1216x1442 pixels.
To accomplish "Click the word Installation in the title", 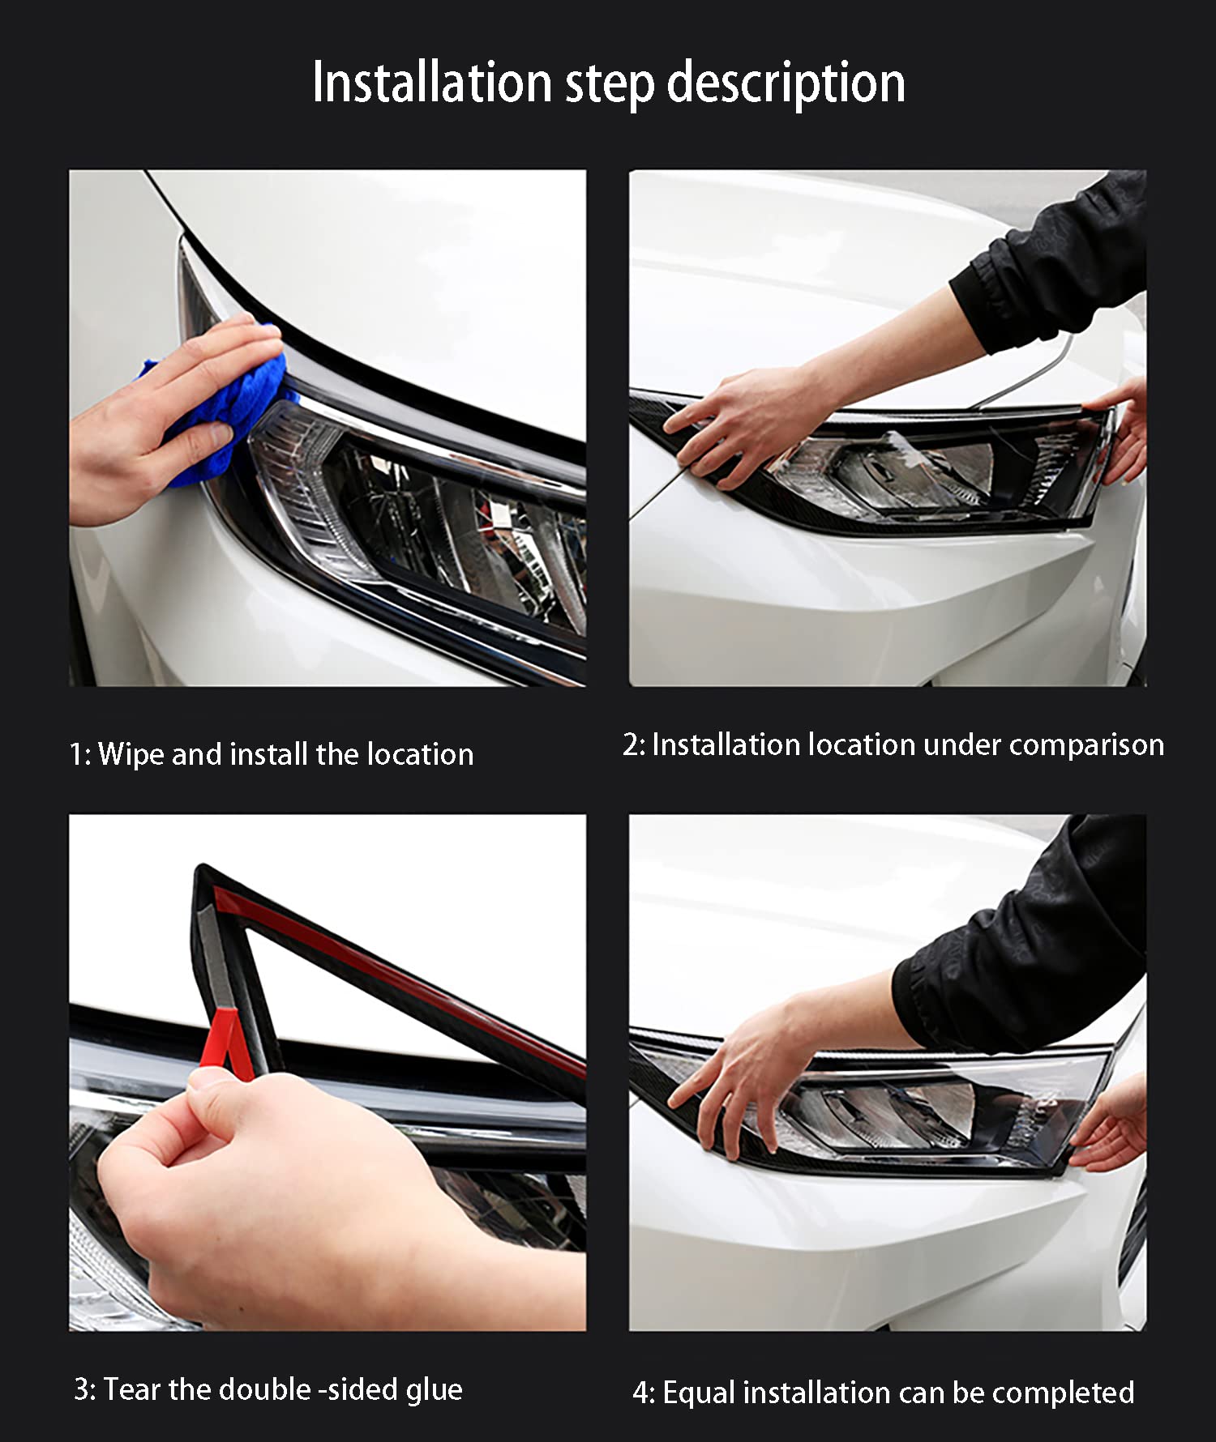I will click(431, 83).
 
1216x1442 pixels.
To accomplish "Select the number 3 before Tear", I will click(82, 1389).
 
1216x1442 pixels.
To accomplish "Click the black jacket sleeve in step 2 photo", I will click(1054, 267).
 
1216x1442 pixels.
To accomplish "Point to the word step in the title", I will click(609, 83).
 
